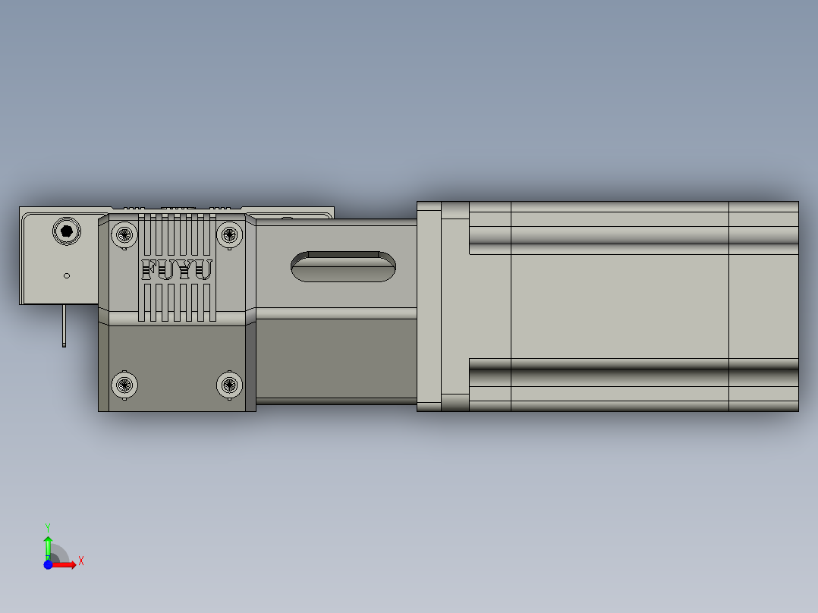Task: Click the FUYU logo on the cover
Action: (177, 270)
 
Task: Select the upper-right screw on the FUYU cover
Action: (228, 234)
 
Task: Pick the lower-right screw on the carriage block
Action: (228, 385)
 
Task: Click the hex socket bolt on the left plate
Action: (66, 231)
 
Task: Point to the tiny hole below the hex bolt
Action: (67, 275)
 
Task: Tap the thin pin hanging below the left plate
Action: (64, 325)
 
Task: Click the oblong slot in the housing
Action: (343, 266)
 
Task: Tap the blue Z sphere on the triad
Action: (49, 564)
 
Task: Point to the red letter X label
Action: (81, 561)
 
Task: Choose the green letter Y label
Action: (48, 527)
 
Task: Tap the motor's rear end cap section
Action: (763, 306)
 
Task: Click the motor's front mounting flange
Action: (429, 306)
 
